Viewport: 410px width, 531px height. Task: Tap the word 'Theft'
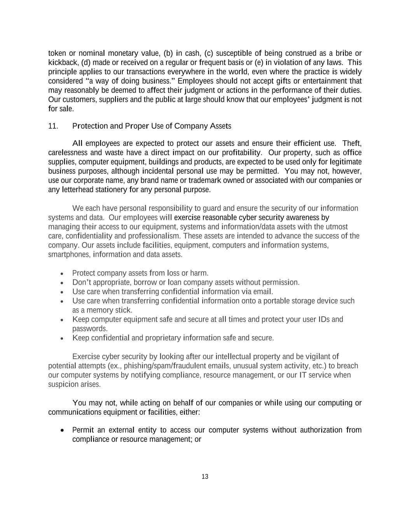click(352, 144)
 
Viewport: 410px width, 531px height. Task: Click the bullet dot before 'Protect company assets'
click(62, 273)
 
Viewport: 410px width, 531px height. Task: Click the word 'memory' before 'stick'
click(99, 310)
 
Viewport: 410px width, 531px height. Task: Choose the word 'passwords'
click(90, 329)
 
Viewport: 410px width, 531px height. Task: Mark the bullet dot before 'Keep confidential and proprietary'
click(62, 338)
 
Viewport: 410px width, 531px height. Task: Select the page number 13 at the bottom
click(205, 477)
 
